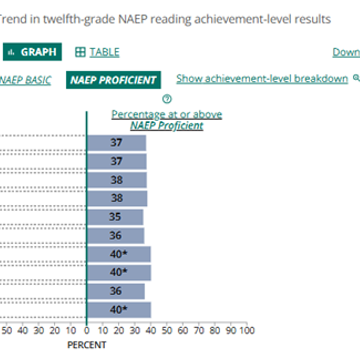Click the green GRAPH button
point(32,52)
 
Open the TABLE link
point(104,52)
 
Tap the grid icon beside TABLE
point(80,52)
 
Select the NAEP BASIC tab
point(25,80)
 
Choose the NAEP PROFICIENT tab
point(113,80)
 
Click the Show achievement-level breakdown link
point(262,79)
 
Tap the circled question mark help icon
point(167,99)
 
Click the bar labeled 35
point(115,217)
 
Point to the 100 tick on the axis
point(247,330)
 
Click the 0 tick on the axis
point(86,330)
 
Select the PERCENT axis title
point(87,345)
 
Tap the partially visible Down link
point(346,52)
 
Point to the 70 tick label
point(199,330)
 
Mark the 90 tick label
point(231,330)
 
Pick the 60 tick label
point(183,330)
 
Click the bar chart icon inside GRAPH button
point(11,52)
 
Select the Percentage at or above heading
point(167,114)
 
